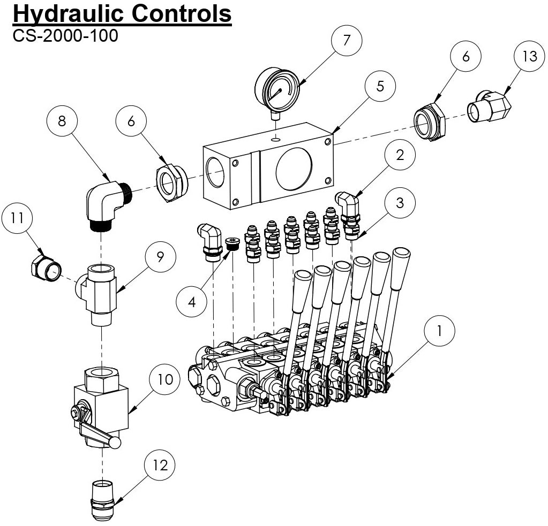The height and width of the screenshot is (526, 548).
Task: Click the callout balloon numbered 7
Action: pos(346,41)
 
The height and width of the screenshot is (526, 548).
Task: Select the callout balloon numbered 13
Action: pos(529,57)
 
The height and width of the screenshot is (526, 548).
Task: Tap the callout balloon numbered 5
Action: pos(380,86)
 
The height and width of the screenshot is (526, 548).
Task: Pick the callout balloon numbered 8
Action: pos(62,121)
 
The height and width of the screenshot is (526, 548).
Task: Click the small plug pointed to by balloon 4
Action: pos(232,243)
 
